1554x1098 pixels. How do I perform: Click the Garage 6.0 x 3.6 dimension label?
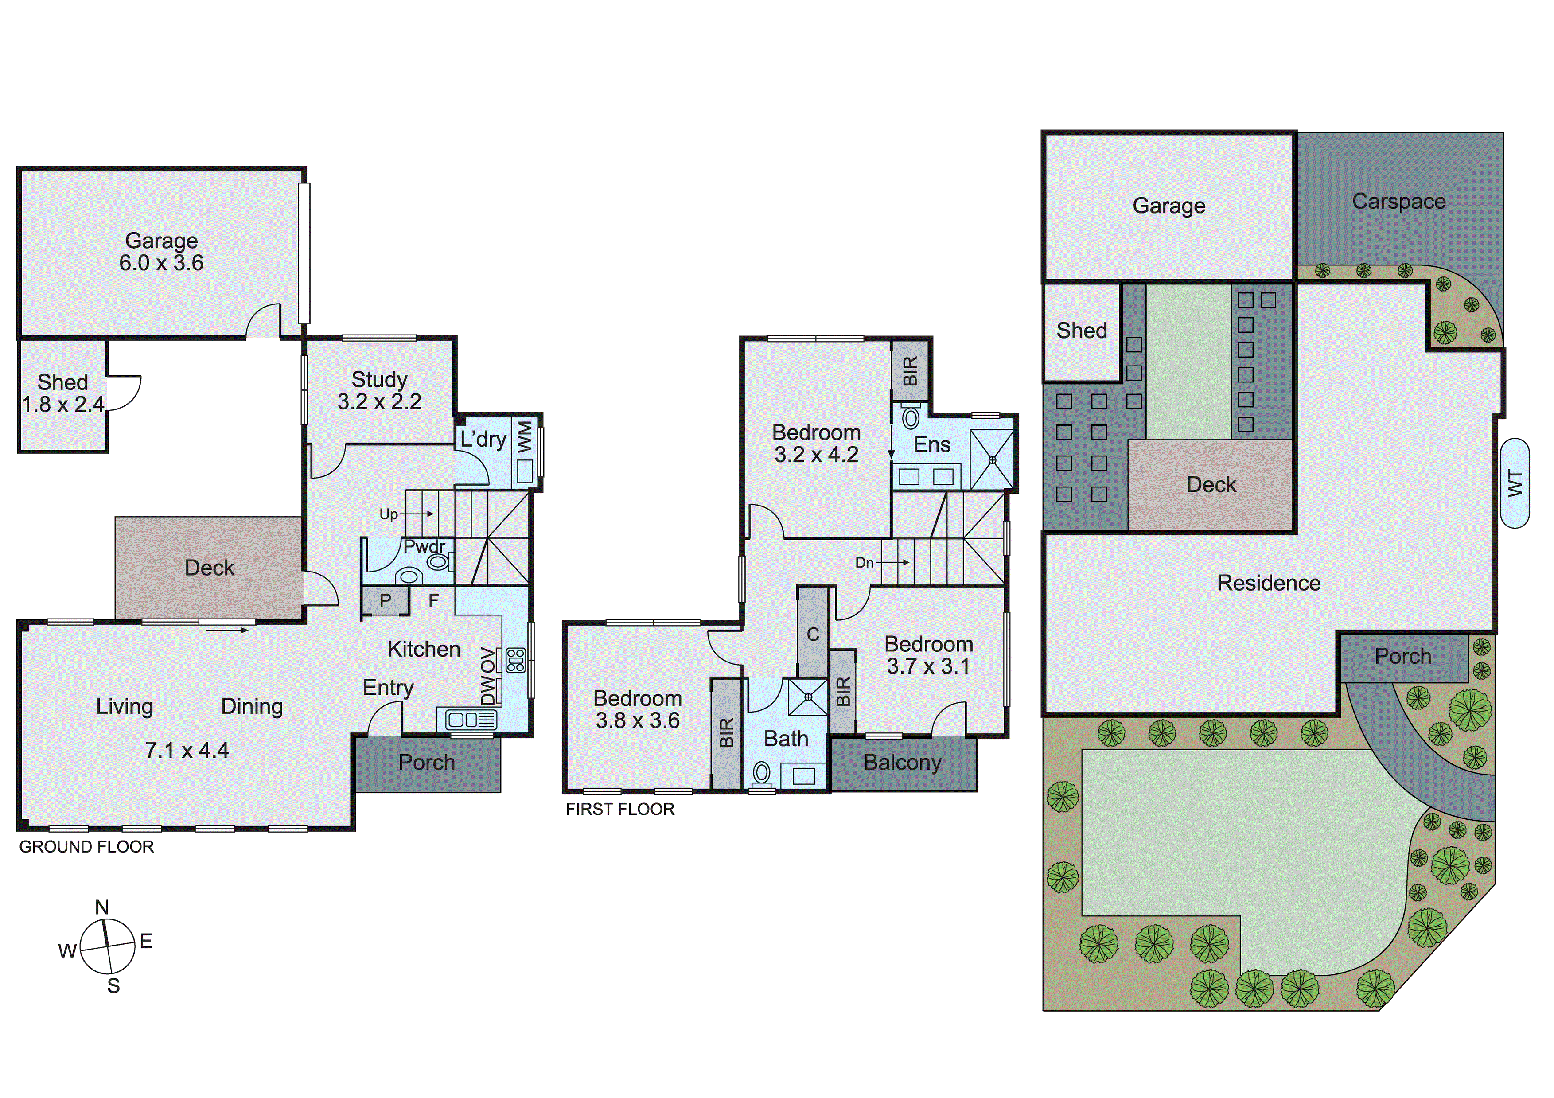(161, 263)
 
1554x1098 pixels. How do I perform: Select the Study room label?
(379, 379)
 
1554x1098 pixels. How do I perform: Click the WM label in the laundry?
(525, 436)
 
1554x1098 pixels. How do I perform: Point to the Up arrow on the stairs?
(406, 514)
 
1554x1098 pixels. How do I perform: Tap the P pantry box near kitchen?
(385, 600)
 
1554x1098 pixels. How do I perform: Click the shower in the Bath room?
(808, 697)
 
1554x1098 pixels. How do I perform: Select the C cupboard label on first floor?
(813, 634)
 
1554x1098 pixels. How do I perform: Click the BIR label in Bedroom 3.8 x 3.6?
(726, 733)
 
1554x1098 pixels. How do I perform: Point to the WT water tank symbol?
(1515, 483)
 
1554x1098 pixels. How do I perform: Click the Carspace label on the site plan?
(1398, 201)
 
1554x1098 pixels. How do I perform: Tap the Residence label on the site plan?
(1268, 583)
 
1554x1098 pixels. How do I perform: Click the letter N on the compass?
(102, 907)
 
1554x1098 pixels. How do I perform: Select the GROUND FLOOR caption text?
(87, 847)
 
